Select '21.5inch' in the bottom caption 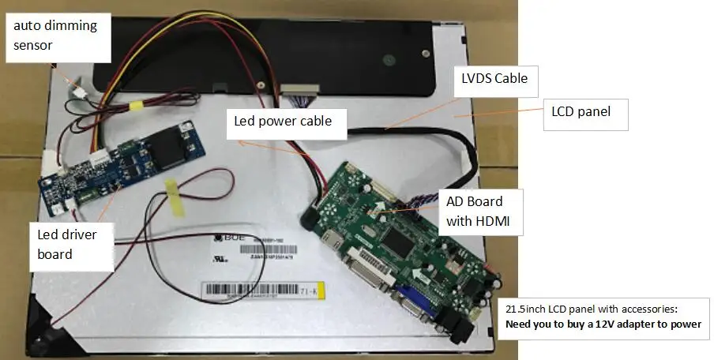point(527,309)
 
